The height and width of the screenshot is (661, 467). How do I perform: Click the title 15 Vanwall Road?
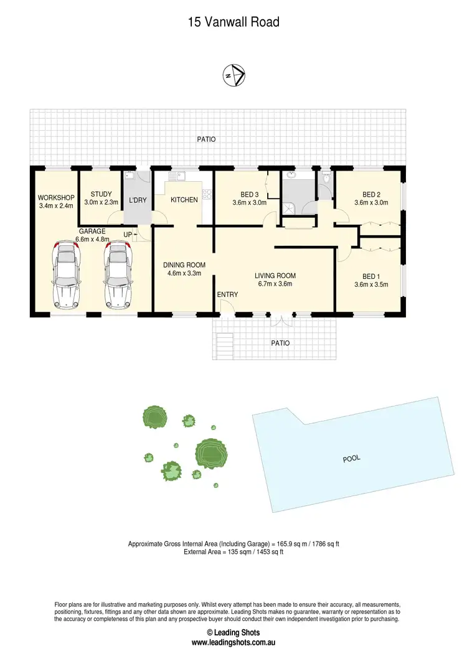point(233,22)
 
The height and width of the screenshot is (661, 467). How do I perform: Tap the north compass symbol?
point(234,76)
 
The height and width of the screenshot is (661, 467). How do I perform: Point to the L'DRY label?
point(137,200)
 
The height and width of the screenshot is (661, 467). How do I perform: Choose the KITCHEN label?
point(184,200)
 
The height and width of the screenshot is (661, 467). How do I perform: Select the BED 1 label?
point(370,276)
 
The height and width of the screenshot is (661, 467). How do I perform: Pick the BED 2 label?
point(370,194)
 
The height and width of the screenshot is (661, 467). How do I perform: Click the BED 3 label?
point(249,194)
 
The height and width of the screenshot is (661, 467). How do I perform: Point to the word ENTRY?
point(225,294)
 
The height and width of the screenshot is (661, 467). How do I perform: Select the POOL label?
point(352,459)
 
